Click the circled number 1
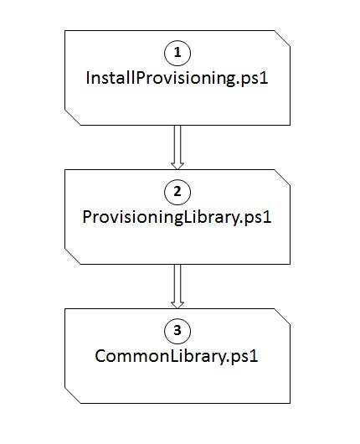(x=177, y=53)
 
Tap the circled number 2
(x=177, y=192)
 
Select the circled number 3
(x=177, y=331)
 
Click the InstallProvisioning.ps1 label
(x=177, y=78)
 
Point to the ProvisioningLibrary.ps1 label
(x=177, y=218)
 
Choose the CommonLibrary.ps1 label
(x=177, y=356)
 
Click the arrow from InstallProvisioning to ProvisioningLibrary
(x=177, y=147)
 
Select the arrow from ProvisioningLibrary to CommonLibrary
(x=177, y=287)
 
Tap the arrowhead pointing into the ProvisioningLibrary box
(x=177, y=166)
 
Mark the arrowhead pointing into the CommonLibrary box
(x=177, y=305)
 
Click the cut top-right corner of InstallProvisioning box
(x=282, y=39)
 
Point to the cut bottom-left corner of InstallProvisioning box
(x=73, y=117)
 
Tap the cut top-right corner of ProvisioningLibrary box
(x=282, y=178)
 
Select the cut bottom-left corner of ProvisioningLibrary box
(x=73, y=256)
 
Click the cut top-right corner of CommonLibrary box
(x=282, y=317)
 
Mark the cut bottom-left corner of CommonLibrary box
(x=73, y=395)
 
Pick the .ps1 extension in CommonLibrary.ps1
(x=243, y=357)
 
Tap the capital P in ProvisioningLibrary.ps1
(x=87, y=217)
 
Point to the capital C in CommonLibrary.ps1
(x=100, y=356)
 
